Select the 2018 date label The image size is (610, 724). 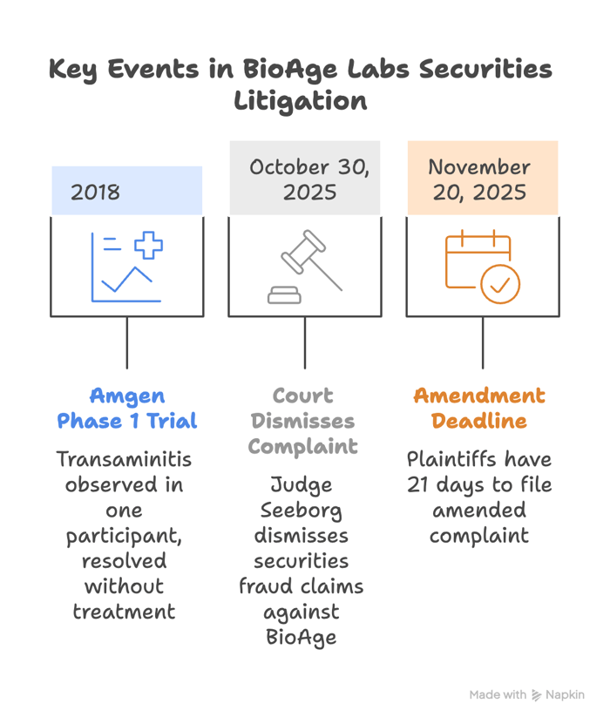click(95, 192)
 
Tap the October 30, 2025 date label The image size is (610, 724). click(309, 179)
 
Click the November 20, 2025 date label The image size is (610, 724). click(479, 179)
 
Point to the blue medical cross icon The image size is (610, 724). click(148, 245)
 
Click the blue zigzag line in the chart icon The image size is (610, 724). click(126, 280)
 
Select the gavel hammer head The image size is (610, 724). click(303, 252)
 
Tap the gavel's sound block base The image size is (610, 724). click(284, 295)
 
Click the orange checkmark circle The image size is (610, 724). click(500, 284)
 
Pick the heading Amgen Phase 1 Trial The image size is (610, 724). click(127, 409)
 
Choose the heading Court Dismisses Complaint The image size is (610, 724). click(303, 421)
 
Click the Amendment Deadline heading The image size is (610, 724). click(479, 409)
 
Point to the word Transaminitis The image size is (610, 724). click(124, 459)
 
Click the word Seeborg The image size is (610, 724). click(301, 511)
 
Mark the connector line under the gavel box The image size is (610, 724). click(305, 342)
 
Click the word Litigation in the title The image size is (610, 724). click(301, 102)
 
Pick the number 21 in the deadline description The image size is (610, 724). click(418, 484)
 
